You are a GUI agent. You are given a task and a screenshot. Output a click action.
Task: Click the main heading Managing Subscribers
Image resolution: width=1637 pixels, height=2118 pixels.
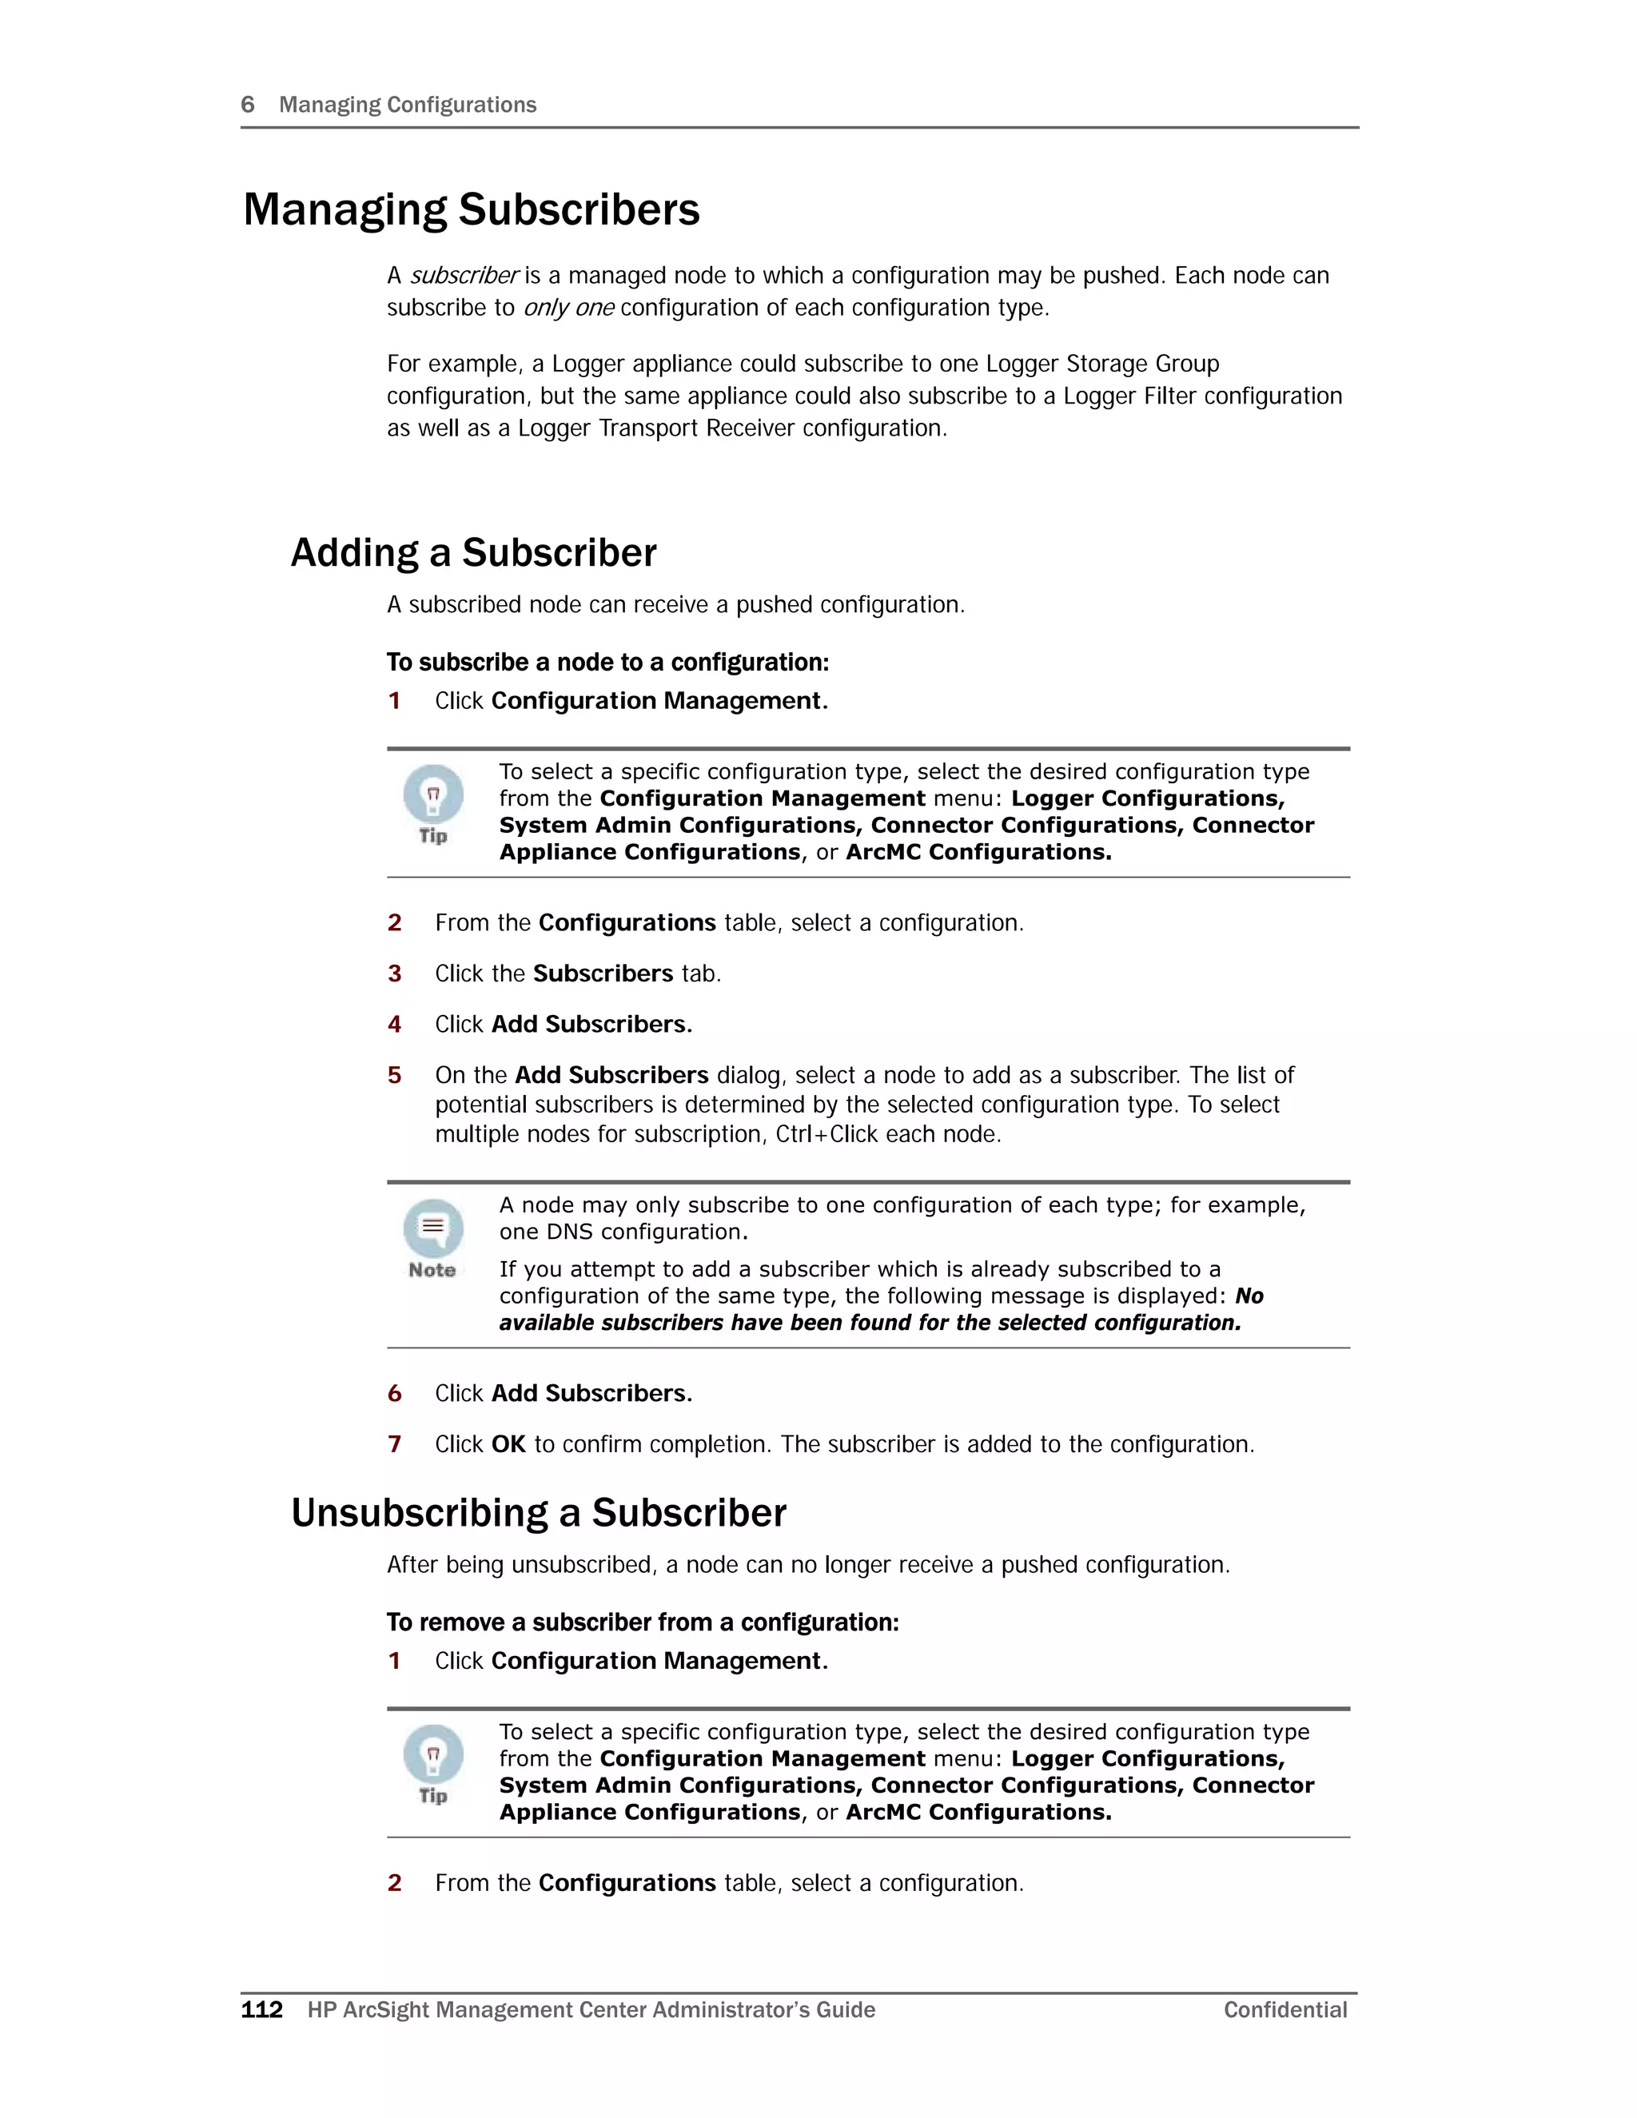(472, 210)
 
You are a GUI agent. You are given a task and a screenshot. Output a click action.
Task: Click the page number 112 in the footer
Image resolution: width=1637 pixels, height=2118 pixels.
(262, 2009)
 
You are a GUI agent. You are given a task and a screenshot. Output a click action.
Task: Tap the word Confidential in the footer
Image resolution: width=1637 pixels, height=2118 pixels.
(1285, 2009)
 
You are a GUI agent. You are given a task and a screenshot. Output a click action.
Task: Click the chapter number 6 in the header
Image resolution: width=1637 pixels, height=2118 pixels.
(247, 105)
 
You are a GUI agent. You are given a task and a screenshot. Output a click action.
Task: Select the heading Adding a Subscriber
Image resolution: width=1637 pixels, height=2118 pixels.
(473, 553)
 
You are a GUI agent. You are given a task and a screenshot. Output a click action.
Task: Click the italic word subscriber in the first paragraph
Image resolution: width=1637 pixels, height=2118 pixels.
(464, 277)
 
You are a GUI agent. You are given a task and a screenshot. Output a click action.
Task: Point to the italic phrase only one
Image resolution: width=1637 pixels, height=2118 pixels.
(568, 309)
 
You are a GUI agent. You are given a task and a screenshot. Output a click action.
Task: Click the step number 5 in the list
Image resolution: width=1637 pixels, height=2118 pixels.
(395, 1076)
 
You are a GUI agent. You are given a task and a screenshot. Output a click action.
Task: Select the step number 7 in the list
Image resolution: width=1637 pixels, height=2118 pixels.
(395, 1444)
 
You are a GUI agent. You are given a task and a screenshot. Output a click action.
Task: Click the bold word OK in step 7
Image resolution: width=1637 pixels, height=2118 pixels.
(508, 1444)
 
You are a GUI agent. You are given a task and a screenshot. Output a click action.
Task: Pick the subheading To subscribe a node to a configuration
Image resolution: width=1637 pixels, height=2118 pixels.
(608, 663)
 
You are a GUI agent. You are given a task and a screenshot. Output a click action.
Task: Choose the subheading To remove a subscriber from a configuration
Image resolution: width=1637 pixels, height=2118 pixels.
(643, 1622)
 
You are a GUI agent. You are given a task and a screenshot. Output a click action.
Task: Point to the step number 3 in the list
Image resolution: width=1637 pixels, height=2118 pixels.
(395, 973)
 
